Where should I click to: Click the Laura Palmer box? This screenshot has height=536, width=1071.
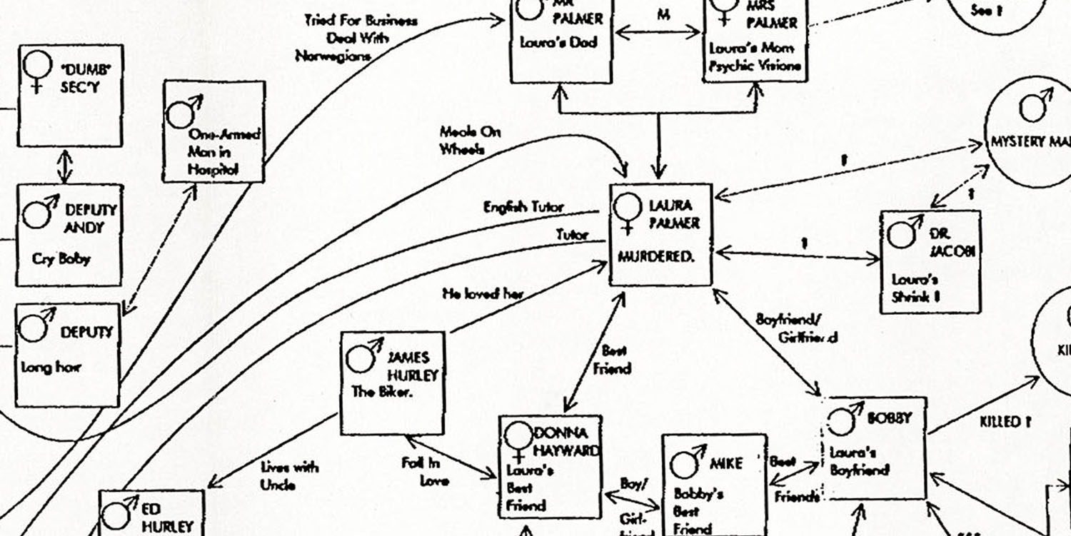click(660, 234)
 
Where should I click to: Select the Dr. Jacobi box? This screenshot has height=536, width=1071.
click(930, 262)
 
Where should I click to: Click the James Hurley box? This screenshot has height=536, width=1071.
click(391, 383)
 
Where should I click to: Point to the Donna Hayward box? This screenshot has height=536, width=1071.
click(550, 467)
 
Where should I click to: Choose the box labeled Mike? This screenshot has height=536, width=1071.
click(713, 485)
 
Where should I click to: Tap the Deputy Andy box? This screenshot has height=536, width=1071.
click(69, 235)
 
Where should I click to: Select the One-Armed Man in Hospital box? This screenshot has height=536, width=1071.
click(214, 131)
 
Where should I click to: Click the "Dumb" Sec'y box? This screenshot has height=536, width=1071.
click(70, 96)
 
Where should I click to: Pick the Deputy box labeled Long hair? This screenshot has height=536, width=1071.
click(67, 355)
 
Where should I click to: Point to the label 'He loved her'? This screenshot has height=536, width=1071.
click(483, 293)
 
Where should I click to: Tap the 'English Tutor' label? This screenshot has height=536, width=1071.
click(523, 207)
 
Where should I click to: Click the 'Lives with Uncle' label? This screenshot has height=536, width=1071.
click(289, 475)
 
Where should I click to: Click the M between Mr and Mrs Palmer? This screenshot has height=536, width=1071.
click(663, 15)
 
